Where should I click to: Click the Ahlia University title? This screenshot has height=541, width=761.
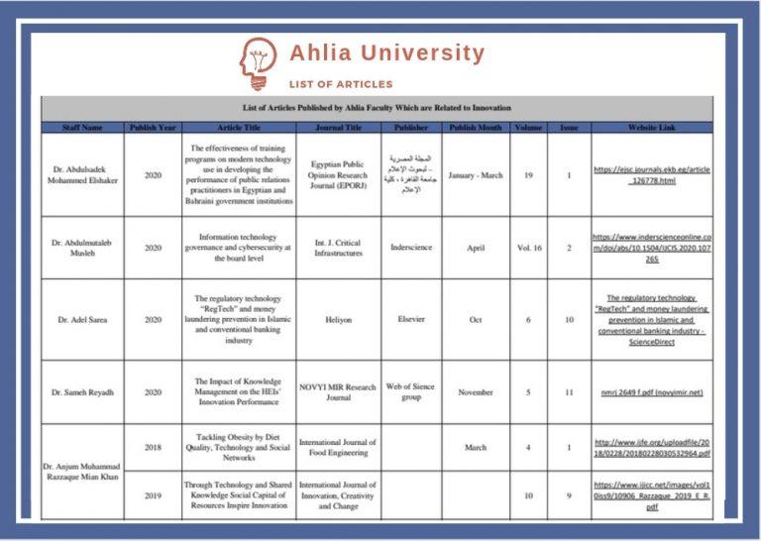pyautogui.click(x=386, y=53)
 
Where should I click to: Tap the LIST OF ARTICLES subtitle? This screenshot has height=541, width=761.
pyautogui.click(x=341, y=84)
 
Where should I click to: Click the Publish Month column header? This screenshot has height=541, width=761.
pyautogui.click(x=476, y=128)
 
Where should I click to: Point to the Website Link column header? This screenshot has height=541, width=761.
pyautogui.click(x=652, y=128)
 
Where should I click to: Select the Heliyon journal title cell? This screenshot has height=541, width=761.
pyautogui.click(x=338, y=320)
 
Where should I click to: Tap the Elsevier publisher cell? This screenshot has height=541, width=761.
pyautogui.click(x=411, y=320)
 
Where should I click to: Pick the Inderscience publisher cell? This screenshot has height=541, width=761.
pyautogui.click(x=411, y=248)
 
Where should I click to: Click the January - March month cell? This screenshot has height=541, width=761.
pyautogui.click(x=476, y=175)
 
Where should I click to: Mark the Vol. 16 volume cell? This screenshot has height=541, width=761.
pyautogui.click(x=529, y=248)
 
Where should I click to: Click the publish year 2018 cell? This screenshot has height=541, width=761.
pyautogui.click(x=153, y=447)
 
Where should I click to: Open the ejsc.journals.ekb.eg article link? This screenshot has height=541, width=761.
pyautogui.click(x=652, y=175)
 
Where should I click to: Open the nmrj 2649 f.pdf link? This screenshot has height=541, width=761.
pyautogui.click(x=652, y=392)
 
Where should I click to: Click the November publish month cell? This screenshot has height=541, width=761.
pyautogui.click(x=476, y=392)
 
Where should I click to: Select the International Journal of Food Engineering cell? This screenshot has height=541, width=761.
pyautogui.click(x=338, y=447)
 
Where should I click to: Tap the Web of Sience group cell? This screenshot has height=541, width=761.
pyautogui.click(x=411, y=392)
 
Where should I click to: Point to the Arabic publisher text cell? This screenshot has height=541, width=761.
pyautogui.click(x=411, y=174)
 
